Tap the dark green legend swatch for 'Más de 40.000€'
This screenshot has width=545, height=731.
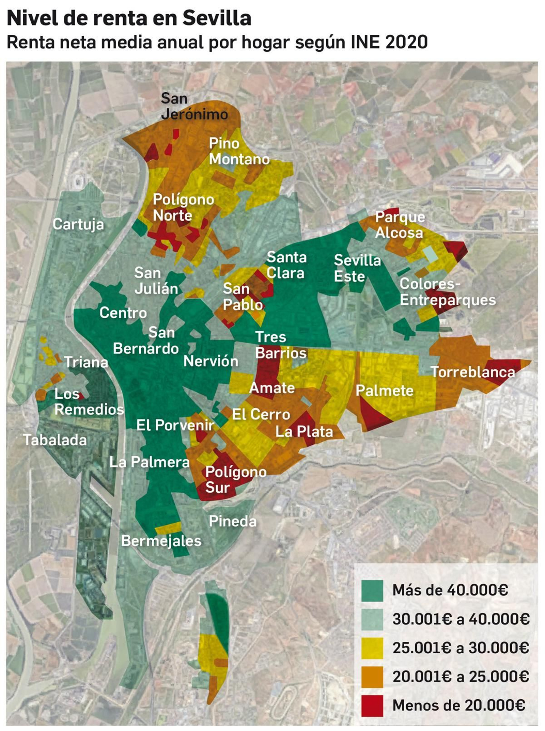pos(372,590)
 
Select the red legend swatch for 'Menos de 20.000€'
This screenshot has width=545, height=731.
pos(372,705)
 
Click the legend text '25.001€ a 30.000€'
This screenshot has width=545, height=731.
pos(461,648)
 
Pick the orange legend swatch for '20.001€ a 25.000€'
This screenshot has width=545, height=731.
pos(372,677)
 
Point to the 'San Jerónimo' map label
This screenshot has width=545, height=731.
pos(194,106)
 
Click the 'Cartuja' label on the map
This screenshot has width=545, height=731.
pos(78,224)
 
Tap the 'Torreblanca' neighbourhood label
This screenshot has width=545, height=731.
pos(472,372)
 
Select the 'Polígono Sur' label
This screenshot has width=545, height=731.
pos(235,480)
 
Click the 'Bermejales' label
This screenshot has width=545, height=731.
pos(161,541)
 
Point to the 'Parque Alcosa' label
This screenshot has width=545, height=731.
pos(400,225)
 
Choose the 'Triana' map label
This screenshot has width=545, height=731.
pos(86,362)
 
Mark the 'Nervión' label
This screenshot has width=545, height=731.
pos(211,361)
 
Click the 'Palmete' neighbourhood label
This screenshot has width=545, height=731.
pos(384,391)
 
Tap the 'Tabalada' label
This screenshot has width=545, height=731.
pos(55,440)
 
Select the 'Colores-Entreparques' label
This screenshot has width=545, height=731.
pos(447,292)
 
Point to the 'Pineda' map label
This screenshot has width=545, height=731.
pos(232,521)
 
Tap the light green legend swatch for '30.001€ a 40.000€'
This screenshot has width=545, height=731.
pos(372,619)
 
